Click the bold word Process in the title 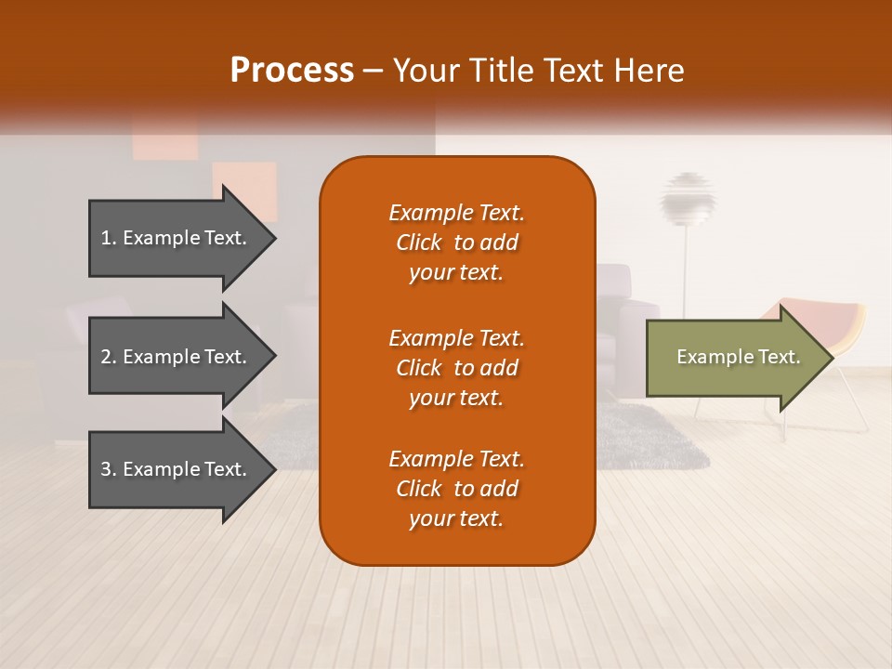tap(292, 71)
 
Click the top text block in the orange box tap(456, 243)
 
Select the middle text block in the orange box tap(456, 368)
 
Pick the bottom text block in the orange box tap(456, 489)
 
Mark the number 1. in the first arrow tap(109, 238)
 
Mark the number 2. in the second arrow tap(109, 357)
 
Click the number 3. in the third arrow tap(109, 469)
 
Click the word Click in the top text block tap(418, 243)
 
